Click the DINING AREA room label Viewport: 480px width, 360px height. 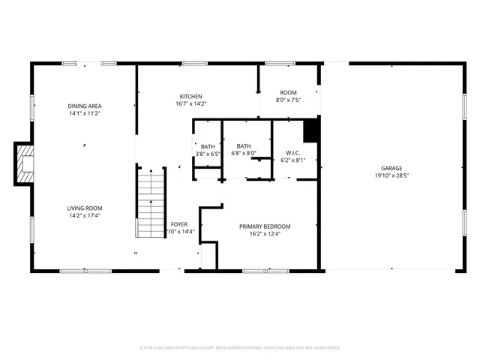84,106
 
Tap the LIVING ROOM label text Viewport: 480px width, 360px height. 84,208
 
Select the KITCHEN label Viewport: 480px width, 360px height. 190,97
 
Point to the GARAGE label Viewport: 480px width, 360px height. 391,168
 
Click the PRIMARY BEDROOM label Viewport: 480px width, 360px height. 265,226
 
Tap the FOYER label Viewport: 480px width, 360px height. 178,224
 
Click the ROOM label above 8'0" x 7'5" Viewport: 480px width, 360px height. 288,92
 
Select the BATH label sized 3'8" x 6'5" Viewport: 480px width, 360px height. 208,146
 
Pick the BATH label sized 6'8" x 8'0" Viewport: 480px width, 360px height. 244,146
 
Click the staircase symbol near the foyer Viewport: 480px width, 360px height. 150,202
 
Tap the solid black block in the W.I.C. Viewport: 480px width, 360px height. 310,130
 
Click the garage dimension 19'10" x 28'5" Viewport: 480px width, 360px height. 391,175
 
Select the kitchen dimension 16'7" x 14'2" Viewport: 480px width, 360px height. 190,104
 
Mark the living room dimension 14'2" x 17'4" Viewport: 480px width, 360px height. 84,216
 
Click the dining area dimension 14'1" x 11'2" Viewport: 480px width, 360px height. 84,114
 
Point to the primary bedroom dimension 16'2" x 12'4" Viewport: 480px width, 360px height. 265,233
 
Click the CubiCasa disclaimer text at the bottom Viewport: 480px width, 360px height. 240,348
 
